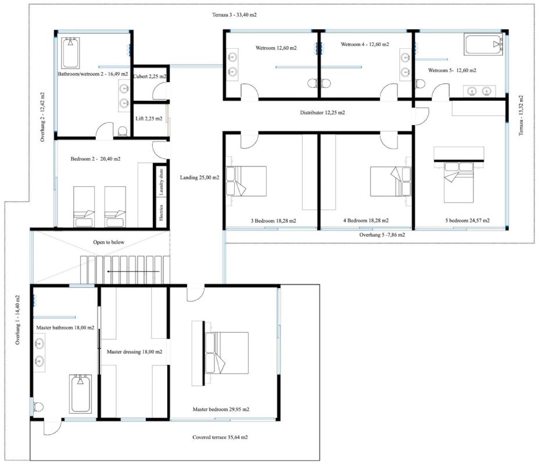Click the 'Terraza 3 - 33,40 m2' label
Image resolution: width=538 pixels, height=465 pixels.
point(234,15)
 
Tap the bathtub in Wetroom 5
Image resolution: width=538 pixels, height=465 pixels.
point(483,44)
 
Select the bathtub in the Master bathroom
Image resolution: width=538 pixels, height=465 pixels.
point(80,393)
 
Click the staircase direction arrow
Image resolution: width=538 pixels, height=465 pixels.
point(133,272)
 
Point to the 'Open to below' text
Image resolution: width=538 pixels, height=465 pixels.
point(109,242)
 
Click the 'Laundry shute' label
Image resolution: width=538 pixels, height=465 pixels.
point(162,182)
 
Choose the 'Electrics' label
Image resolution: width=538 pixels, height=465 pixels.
point(162,213)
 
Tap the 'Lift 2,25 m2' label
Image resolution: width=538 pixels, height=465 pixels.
point(149,119)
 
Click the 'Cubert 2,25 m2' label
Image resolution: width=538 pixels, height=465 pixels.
point(149,76)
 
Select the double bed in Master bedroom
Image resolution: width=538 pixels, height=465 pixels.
point(227,353)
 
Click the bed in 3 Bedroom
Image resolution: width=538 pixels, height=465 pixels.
point(246,181)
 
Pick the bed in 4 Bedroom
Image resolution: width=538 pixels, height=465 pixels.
point(391,181)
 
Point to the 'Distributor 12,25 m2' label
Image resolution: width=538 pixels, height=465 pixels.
point(322,112)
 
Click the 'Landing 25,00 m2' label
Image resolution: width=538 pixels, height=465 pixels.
point(199,178)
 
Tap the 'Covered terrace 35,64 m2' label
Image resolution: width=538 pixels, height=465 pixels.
point(220,437)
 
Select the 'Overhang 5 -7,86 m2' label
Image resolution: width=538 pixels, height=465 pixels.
point(382,235)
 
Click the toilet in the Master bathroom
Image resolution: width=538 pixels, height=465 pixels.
point(38,407)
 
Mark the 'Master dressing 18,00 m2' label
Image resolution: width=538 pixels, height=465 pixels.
point(135,352)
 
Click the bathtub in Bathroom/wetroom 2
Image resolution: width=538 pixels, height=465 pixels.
point(71,53)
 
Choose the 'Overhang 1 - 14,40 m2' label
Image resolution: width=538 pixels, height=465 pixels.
point(17,320)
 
